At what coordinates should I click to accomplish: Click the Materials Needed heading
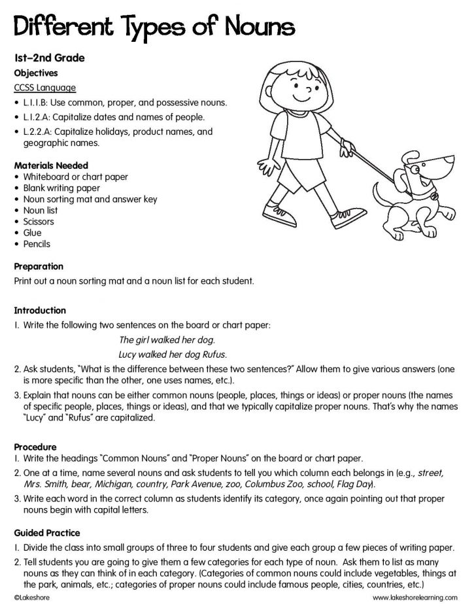(50, 165)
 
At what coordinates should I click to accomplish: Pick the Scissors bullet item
(39, 222)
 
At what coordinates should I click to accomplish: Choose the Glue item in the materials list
(32, 233)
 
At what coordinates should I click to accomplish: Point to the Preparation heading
(39, 267)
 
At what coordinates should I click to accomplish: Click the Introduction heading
(40, 311)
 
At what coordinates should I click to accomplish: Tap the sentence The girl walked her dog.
(167, 340)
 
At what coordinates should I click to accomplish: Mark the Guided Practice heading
(46, 534)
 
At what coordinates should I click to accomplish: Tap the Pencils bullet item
(37, 244)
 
